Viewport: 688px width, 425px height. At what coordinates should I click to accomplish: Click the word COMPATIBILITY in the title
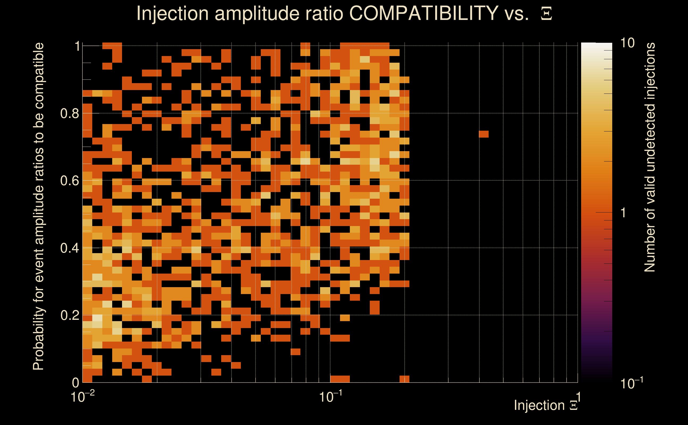coord(423,13)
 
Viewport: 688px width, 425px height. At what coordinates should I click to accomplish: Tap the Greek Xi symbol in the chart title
coord(546,14)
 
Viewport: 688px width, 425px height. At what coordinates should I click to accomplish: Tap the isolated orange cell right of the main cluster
coord(484,134)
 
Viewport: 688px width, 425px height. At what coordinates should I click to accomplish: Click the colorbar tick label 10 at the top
coord(627,43)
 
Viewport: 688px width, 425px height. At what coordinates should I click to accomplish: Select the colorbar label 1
coord(623,213)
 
